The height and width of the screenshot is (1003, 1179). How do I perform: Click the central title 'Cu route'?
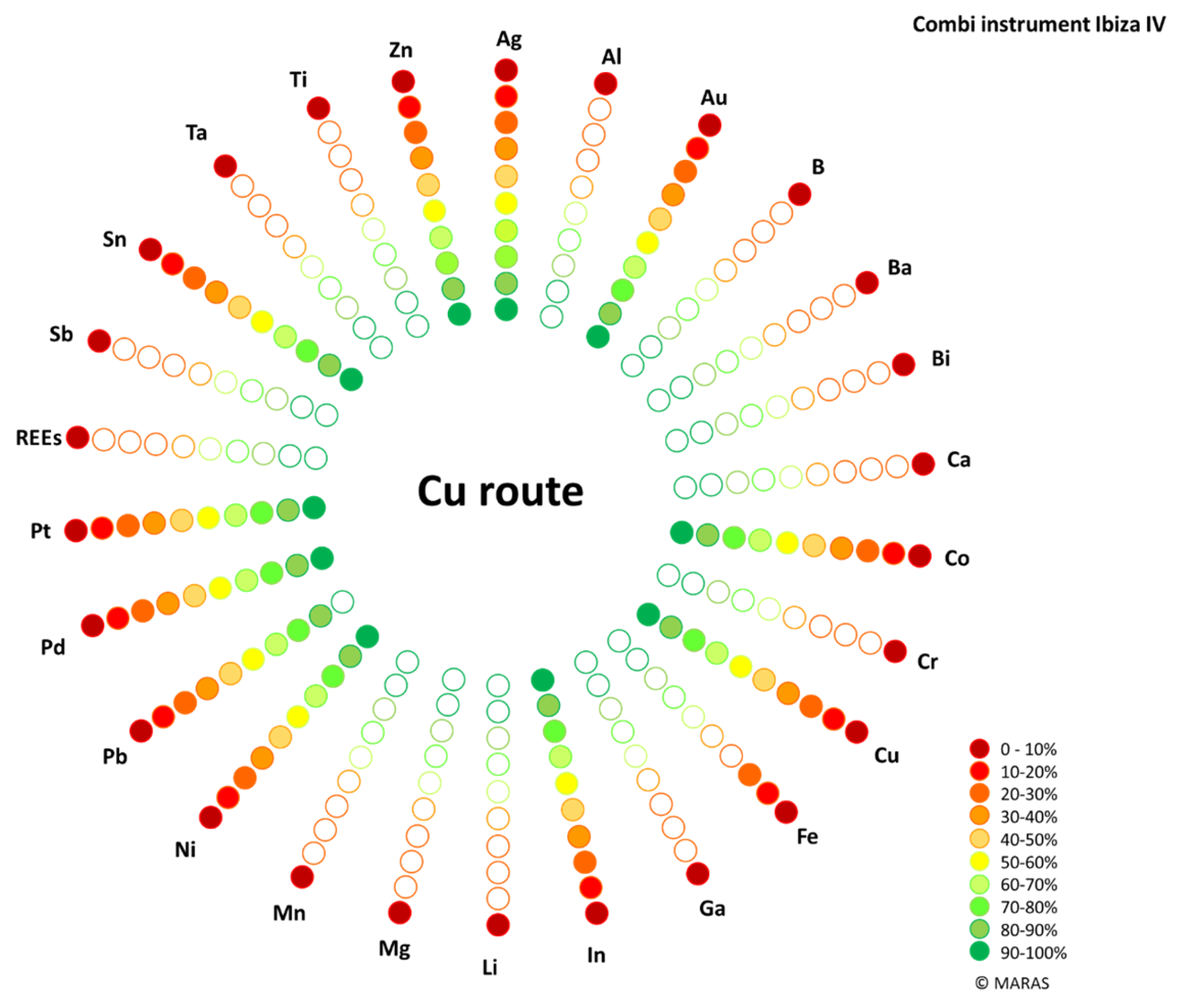pyautogui.click(x=500, y=491)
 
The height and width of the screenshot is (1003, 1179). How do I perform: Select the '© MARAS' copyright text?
pyautogui.click(x=1012, y=982)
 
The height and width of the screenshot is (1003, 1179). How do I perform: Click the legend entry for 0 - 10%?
pyautogui.click(x=1013, y=749)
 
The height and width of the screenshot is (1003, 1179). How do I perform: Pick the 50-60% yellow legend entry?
pyautogui.click(x=1013, y=862)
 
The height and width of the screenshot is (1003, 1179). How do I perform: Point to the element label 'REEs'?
pyautogui.click(x=38, y=438)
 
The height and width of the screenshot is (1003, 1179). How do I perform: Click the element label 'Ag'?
pyautogui.click(x=509, y=39)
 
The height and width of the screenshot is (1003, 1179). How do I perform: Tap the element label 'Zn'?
pyautogui.click(x=400, y=50)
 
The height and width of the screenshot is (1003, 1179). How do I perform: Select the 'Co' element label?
pyautogui.click(x=957, y=558)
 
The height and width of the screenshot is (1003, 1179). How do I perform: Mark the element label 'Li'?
pyautogui.click(x=490, y=967)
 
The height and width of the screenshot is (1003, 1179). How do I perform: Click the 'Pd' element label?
pyautogui.click(x=53, y=647)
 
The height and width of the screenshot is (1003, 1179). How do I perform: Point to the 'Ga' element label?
pyautogui.click(x=712, y=909)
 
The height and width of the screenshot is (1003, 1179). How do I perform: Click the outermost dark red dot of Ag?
pyautogui.click(x=506, y=70)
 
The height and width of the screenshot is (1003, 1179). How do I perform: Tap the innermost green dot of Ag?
pyautogui.click(x=506, y=310)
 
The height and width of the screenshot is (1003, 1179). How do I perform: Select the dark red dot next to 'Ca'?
pyautogui.click(x=923, y=464)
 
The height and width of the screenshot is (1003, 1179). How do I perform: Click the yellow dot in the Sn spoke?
pyautogui.click(x=262, y=322)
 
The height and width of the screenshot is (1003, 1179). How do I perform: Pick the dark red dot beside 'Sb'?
pyautogui.click(x=99, y=341)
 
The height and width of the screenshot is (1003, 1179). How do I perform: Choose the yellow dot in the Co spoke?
pyautogui.click(x=787, y=543)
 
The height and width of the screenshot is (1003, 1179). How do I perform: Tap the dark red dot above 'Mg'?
pyautogui.click(x=400, y=912)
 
